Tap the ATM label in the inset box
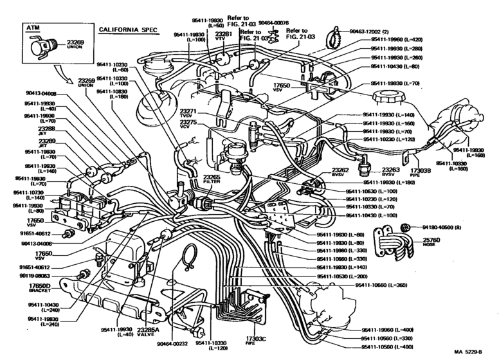[32, 29]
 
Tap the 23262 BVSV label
[341, 173]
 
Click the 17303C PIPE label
[255, 337]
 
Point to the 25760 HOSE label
[430, 241]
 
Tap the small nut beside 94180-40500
[406, 226]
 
